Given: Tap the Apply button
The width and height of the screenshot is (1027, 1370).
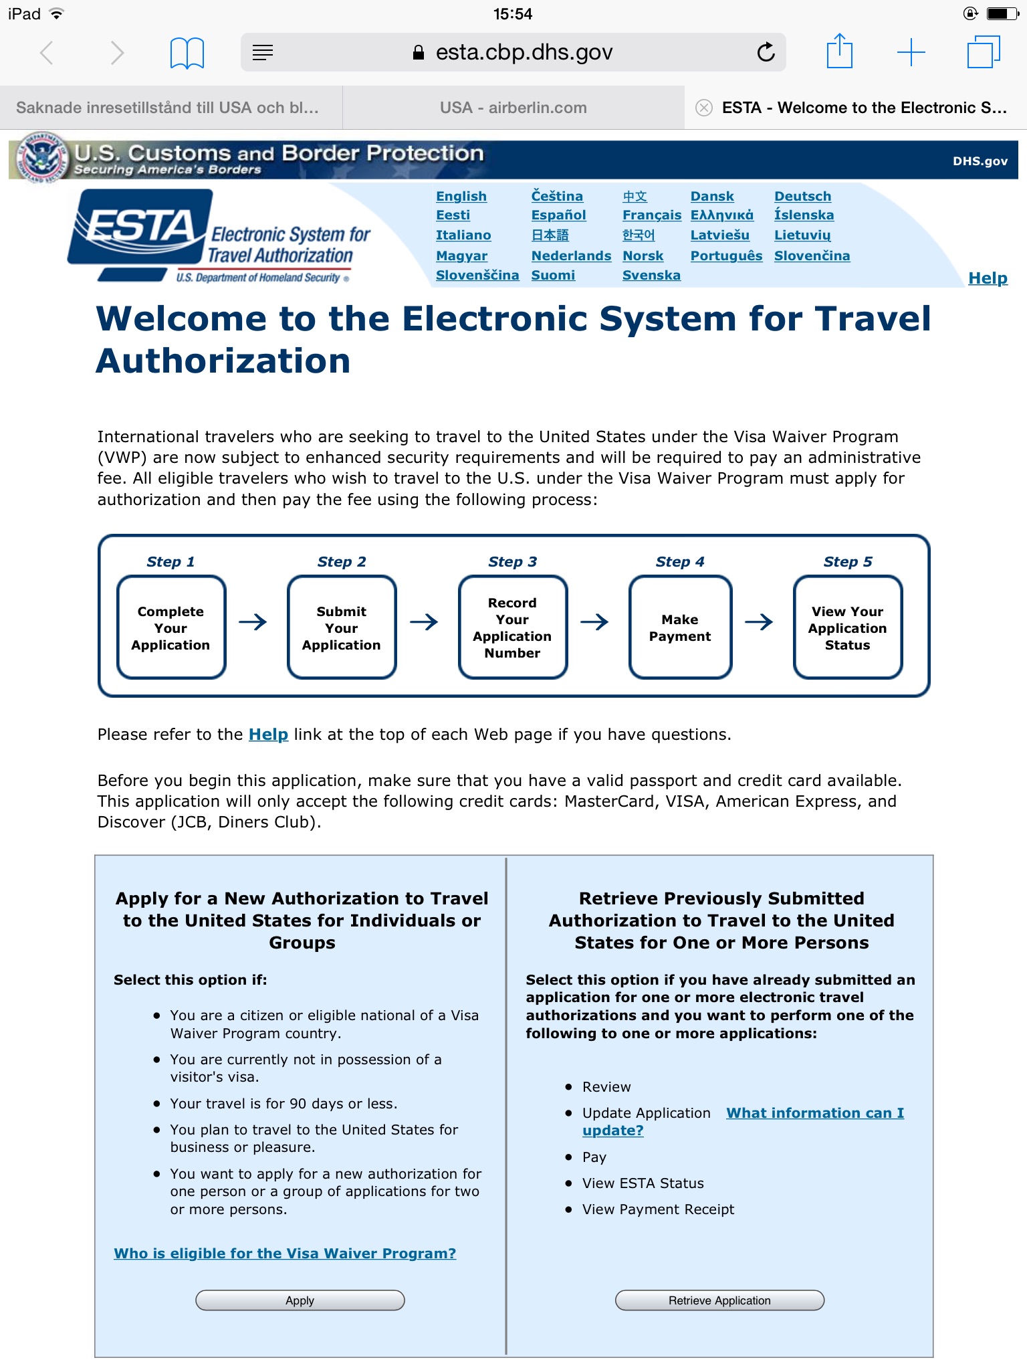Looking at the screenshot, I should [300, 1300].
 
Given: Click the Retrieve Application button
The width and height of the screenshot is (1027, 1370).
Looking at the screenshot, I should [719, 1300].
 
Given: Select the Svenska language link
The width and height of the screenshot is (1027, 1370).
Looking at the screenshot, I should [651, 275].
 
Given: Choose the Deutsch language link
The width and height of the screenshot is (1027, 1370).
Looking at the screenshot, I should [802, 196].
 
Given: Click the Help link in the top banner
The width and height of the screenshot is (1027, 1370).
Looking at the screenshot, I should [988, 278].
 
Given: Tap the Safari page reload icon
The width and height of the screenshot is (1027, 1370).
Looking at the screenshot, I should [766, 52].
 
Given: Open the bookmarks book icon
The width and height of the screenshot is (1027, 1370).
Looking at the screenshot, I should [187, 53].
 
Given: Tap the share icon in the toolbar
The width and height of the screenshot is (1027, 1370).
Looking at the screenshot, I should [840, 52].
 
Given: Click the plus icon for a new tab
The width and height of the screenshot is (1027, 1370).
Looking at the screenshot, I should [911, 52].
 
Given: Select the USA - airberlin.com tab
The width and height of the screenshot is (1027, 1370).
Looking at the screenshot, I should [513, 108].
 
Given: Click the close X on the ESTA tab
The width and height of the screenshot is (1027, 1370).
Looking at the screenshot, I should [704, 108].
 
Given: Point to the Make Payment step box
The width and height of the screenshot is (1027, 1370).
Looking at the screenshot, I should [680, 627].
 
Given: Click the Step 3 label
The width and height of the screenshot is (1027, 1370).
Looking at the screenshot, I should [512, 562].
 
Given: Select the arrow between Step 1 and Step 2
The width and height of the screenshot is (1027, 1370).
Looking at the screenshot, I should [253, 622].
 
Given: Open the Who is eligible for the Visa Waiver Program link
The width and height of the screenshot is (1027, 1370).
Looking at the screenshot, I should [285, 1253].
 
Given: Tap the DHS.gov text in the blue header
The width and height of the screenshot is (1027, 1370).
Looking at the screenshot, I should [980, 161].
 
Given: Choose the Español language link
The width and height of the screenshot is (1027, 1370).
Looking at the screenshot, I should [558, 215].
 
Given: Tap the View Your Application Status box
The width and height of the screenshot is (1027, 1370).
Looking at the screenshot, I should [847, 627].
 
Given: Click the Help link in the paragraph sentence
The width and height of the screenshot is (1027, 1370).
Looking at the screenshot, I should [268, 735].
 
